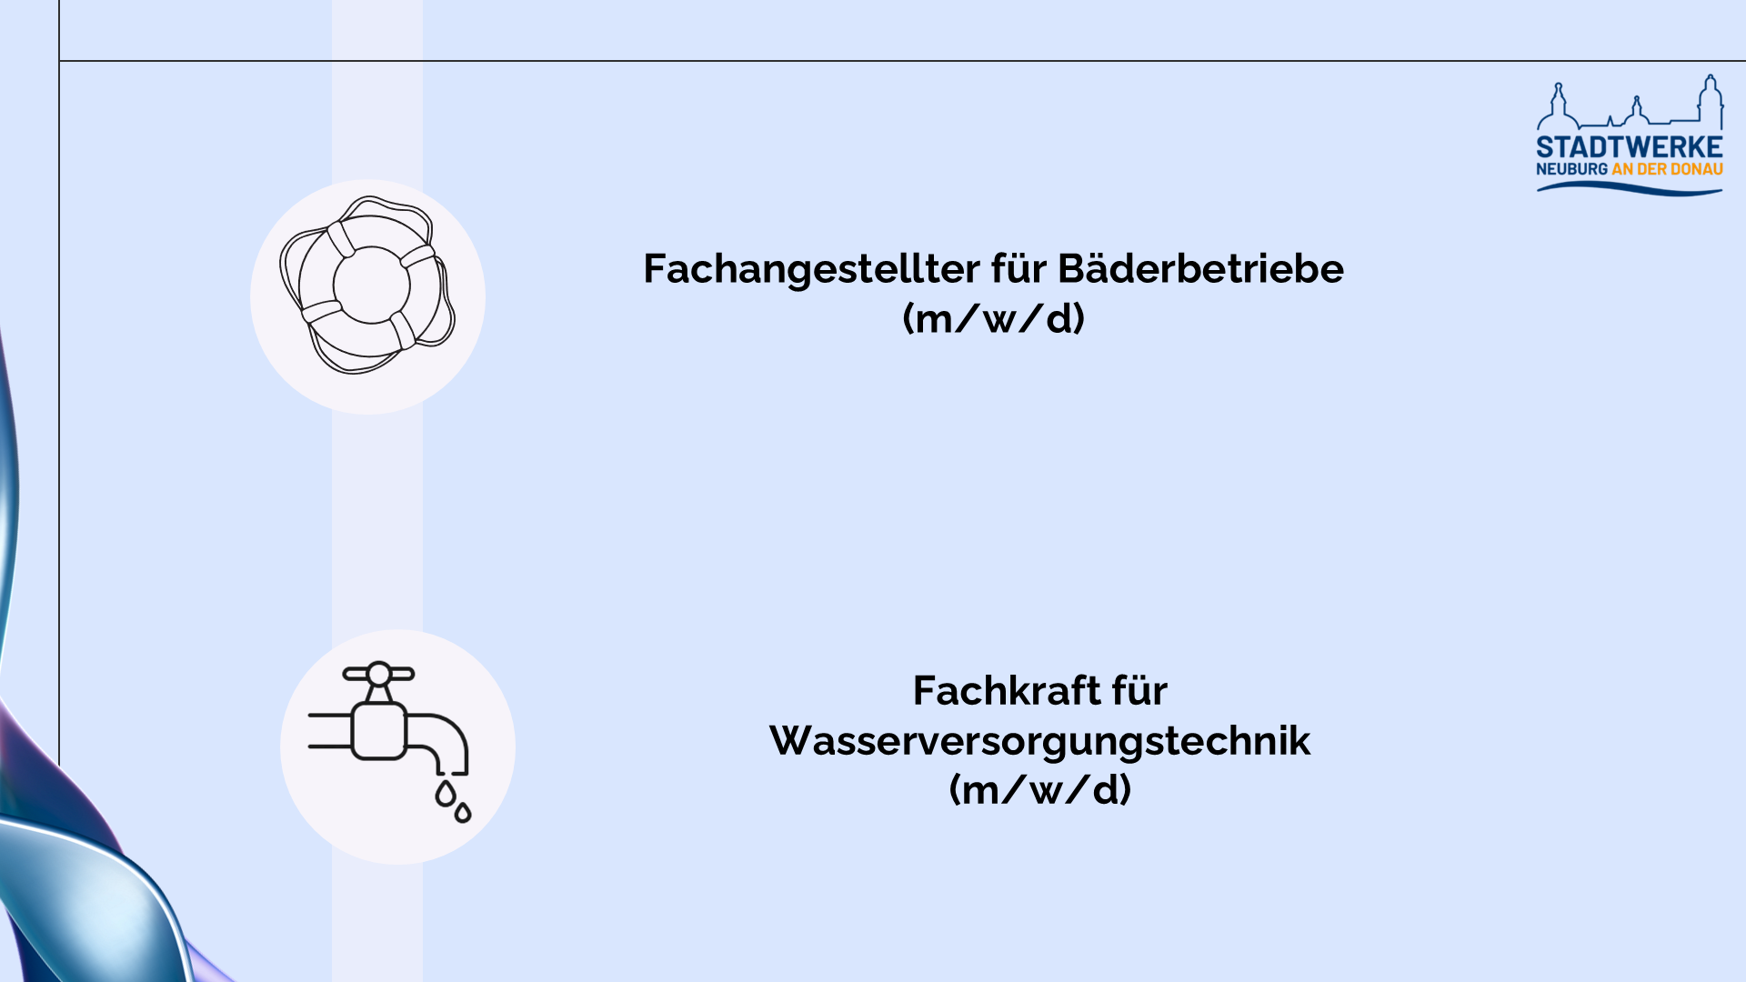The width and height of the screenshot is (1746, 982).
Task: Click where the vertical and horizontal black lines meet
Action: [x=59, y=61]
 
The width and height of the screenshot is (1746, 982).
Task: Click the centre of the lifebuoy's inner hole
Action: [x=372, y=285]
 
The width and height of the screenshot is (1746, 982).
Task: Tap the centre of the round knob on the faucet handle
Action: [x=378, y=674]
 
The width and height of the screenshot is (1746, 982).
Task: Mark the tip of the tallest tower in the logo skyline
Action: [x=1711, y=76]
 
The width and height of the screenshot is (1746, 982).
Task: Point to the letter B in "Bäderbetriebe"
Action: [x=1071, y=269]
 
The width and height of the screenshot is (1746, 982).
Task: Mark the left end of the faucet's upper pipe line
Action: [x=311, y=716]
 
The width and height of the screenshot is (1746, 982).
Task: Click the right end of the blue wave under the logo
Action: [x=1721, y=191]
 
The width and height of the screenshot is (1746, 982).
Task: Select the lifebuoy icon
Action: [x=367, y=285]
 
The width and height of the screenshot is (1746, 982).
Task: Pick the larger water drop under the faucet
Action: [x=445, y=794]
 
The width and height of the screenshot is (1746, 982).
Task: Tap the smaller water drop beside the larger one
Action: [x=463, y=812]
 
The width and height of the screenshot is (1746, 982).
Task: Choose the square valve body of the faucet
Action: [x=379, y=730]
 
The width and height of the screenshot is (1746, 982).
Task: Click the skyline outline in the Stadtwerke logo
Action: [x=1630, y=102]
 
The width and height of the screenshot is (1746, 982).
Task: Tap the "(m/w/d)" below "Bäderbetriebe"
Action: [x=994, y=319]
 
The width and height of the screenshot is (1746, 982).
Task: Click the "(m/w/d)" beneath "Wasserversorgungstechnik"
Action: [x=1040, y=790]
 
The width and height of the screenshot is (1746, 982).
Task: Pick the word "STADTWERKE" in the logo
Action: [x=1630, y=147]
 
